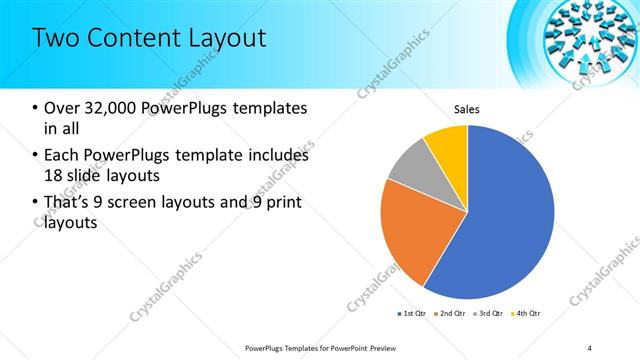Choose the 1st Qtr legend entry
coord(411,314)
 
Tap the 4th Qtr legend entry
coord(527,314)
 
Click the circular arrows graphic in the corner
coord(590,38)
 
